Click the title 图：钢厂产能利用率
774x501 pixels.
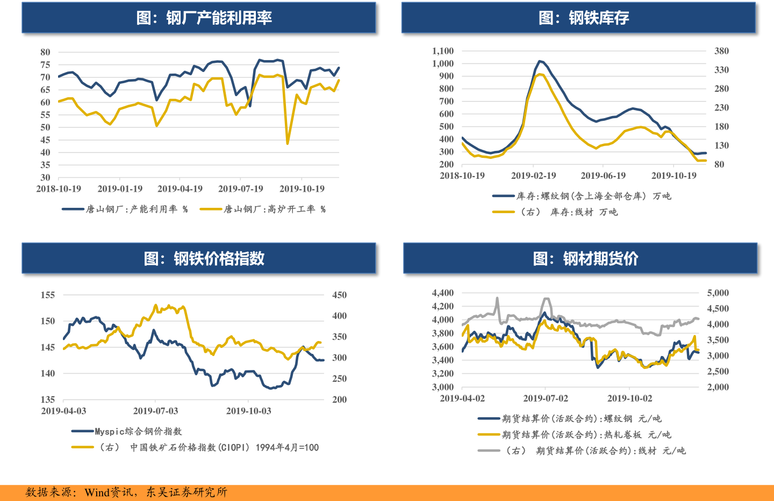point(204,18)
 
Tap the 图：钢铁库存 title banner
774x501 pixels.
point(584,18)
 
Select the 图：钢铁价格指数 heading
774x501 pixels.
point(204,259)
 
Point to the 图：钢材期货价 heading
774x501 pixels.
point(585,259)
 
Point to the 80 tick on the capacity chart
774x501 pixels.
point(45,52)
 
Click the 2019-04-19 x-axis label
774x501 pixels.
point(180,189)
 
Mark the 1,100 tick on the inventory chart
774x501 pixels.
point(443,51)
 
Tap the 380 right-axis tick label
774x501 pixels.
point(721,51)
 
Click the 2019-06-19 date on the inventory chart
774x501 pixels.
point(603,176)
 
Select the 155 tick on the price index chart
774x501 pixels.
point(48,295)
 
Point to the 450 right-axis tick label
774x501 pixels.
point(339,295)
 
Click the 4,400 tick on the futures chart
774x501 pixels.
point(443,293)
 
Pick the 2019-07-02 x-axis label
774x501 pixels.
point(546,398)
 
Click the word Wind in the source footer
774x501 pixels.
point(97,492)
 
